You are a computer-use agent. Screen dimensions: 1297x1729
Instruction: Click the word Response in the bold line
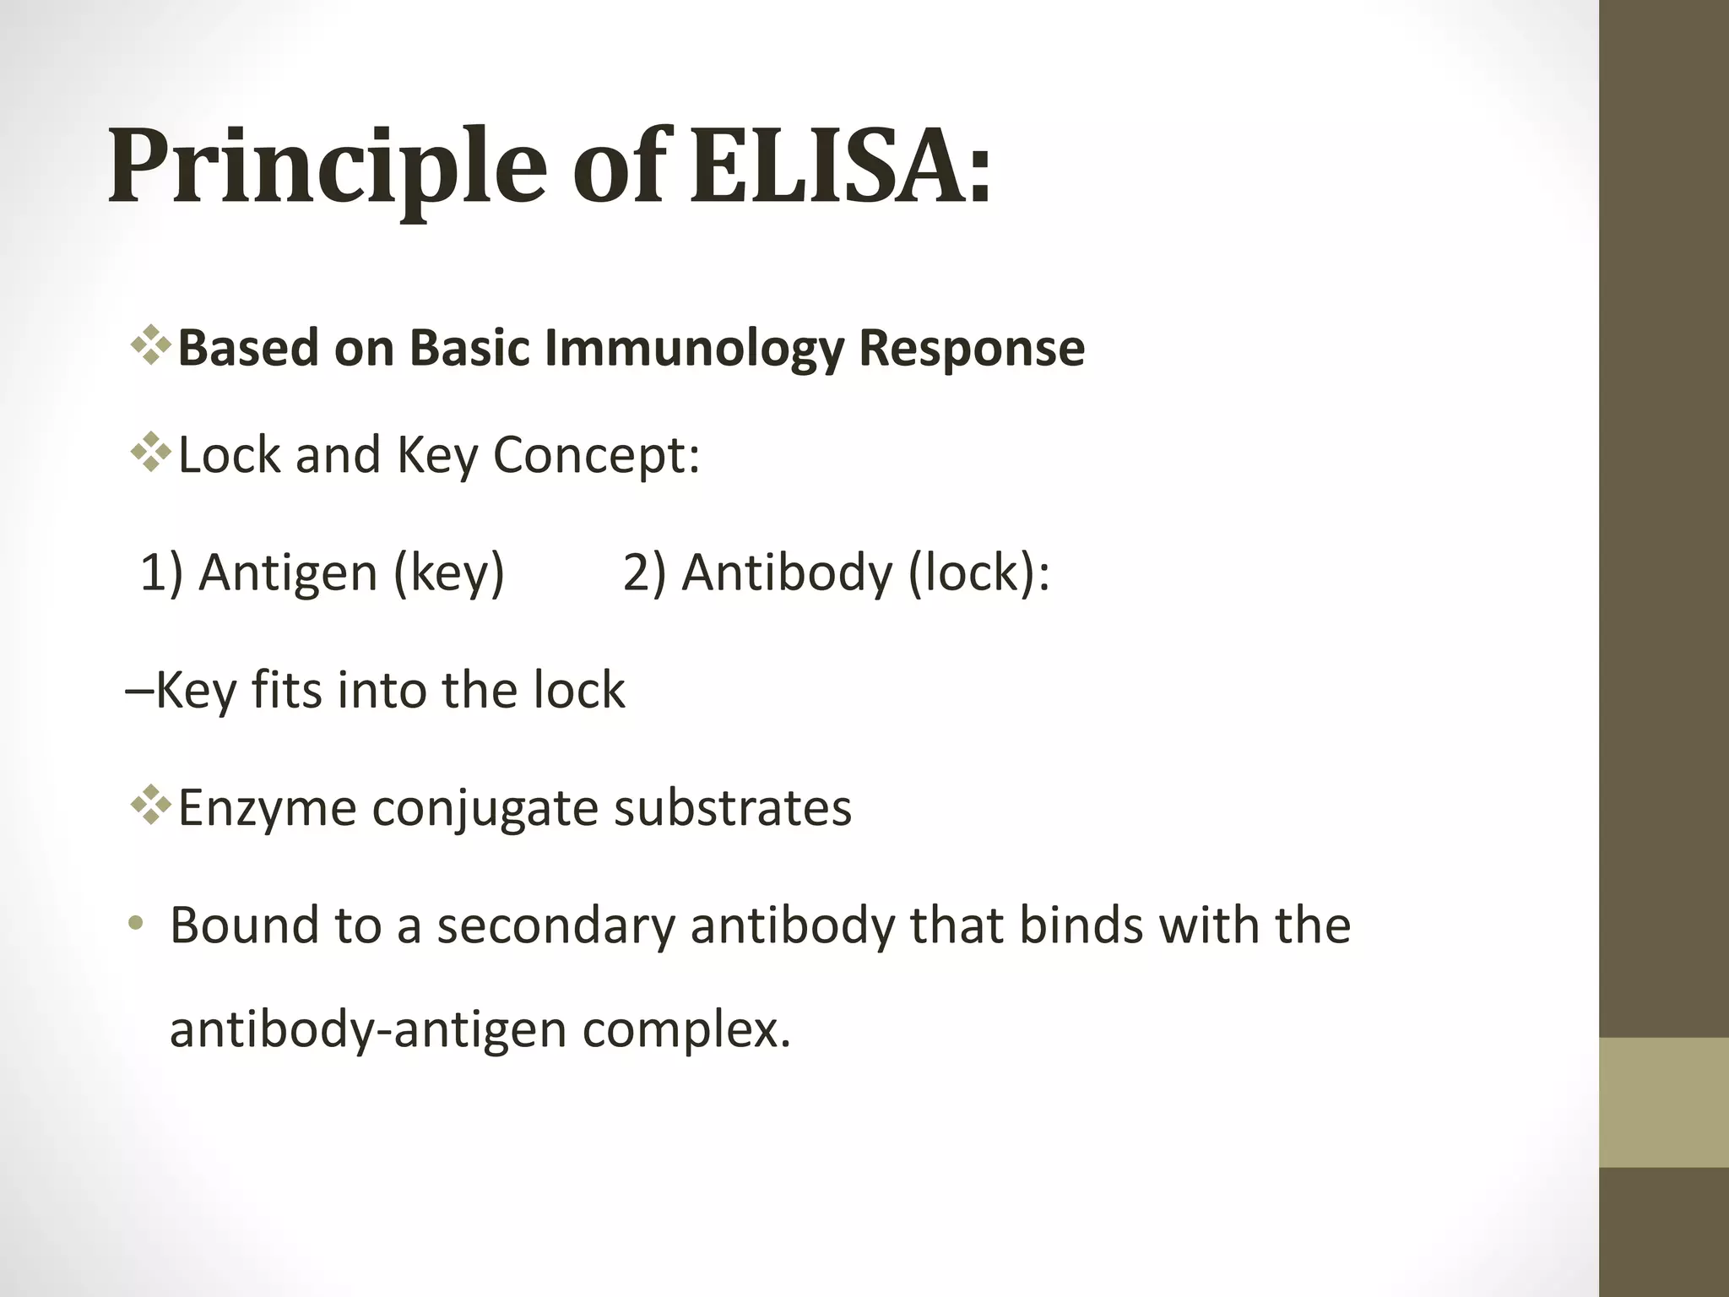[x=971, y=349]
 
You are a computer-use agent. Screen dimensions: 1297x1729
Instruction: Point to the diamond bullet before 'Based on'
[x=150, y=346]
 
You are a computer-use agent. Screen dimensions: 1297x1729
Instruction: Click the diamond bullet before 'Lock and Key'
[x=150, y=453]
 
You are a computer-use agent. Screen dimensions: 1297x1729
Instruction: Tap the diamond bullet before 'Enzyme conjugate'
[x=150, y=806]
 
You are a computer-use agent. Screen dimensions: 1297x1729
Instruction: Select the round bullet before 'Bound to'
[x=136, y=925]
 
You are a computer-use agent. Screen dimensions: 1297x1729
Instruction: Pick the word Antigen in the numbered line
[x=288, y=573]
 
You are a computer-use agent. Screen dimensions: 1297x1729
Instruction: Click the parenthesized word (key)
[x=449, y=573]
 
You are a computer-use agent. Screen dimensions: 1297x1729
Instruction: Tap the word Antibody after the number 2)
[x=786, y=573]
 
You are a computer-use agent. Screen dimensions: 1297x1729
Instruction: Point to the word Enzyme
[x=267, y=808]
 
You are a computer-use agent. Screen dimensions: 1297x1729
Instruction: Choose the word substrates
[x=732, y=808]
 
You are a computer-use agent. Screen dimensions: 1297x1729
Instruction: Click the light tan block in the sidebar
[x=1664, y=1102]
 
